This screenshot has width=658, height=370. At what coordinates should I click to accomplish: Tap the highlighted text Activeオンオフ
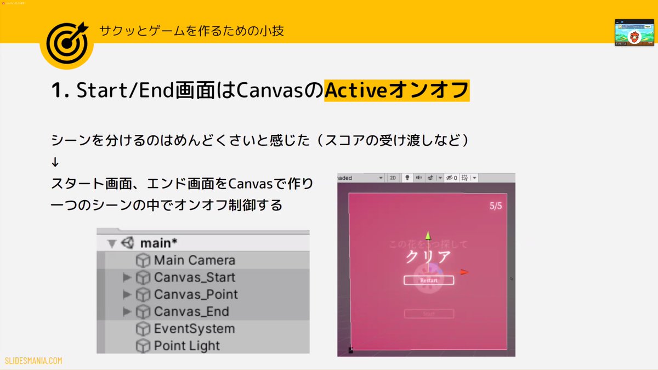pyautogui.click(x=396, y=90)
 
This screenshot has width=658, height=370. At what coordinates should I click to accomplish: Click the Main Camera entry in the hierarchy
pyautogui.click(x=194, y=260)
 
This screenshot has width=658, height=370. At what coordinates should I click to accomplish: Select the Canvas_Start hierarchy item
pyautogui.click(x=194, y=277)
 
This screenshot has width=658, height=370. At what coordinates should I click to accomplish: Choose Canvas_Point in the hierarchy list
pyautogui.click(x=196, y=294)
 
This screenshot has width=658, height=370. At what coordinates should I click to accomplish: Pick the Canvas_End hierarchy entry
pyautogui.click(x=191, y=312)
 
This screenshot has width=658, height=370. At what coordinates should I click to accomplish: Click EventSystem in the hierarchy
pyautogui.click(x=194, y=329)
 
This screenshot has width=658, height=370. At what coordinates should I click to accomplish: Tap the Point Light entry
pyautogui.click(x=186, y=346)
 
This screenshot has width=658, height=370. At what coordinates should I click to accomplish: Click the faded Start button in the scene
pyautogui.click(x=429, y=314)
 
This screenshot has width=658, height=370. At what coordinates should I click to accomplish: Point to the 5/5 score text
pyautogui.click(x=496, y=206)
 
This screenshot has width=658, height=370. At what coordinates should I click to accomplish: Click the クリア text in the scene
pyautogui.click(x=428, y=257)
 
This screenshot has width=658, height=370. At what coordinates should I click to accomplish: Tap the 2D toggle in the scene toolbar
pyautogui.click(x=393, y=178)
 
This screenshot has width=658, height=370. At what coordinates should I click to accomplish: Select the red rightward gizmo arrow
pyautogui.click(x=464, y=271)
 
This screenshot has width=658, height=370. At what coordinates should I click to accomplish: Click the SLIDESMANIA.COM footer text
pyautogui.click(x=33, y=361)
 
